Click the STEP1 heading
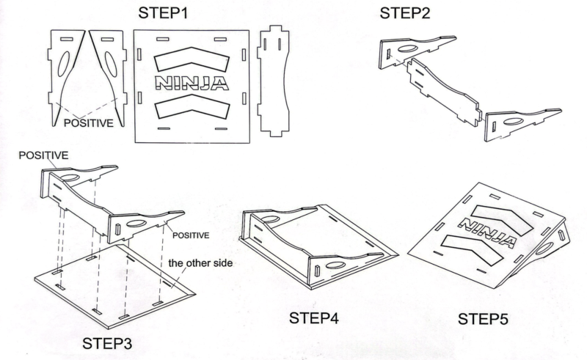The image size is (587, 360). click(163, 12)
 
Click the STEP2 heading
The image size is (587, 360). click(405, 13)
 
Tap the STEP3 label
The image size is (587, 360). click(107, 344)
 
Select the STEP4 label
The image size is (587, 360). click(314, 318)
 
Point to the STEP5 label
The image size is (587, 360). click(483, 319)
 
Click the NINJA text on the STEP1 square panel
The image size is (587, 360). click(192, 83)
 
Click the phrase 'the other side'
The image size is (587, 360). click(200, 263)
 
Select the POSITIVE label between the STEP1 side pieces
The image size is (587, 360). click(88, 123)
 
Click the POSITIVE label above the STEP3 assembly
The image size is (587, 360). click(43, 155)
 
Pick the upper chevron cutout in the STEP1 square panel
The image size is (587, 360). click(192, 59)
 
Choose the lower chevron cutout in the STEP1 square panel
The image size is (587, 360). click(192, 106)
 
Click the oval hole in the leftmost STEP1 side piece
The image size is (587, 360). click(64, 64)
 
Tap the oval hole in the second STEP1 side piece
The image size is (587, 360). click(111, 65)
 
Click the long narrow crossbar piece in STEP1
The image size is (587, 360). click(273, 81)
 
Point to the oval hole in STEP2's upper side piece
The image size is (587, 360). click(408, 48)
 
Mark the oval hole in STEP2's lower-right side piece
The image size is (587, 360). click(513, 121)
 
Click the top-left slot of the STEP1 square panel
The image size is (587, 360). click(162, 39)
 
